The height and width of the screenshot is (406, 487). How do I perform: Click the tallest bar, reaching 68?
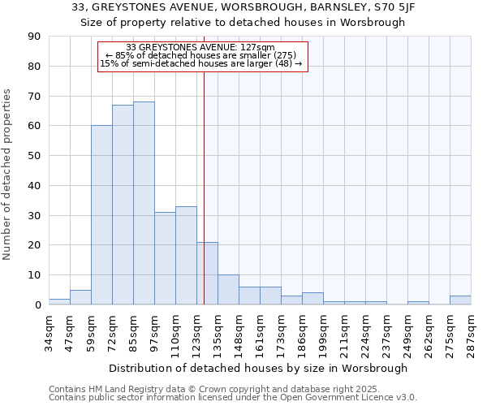tap(144, 203)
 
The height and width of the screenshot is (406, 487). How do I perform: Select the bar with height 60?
tap(101, 215)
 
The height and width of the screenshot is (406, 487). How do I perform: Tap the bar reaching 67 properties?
tap(123, 205)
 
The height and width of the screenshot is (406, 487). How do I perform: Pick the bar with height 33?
tap(186, 255)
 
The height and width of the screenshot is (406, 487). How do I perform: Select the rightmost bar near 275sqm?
tap(460, 300)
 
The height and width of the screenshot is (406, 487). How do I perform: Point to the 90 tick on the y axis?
tap(35, 37)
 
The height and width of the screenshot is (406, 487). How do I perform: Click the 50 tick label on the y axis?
tap(35, 156)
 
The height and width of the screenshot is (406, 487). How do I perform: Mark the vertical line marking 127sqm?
tap(204, 187)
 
